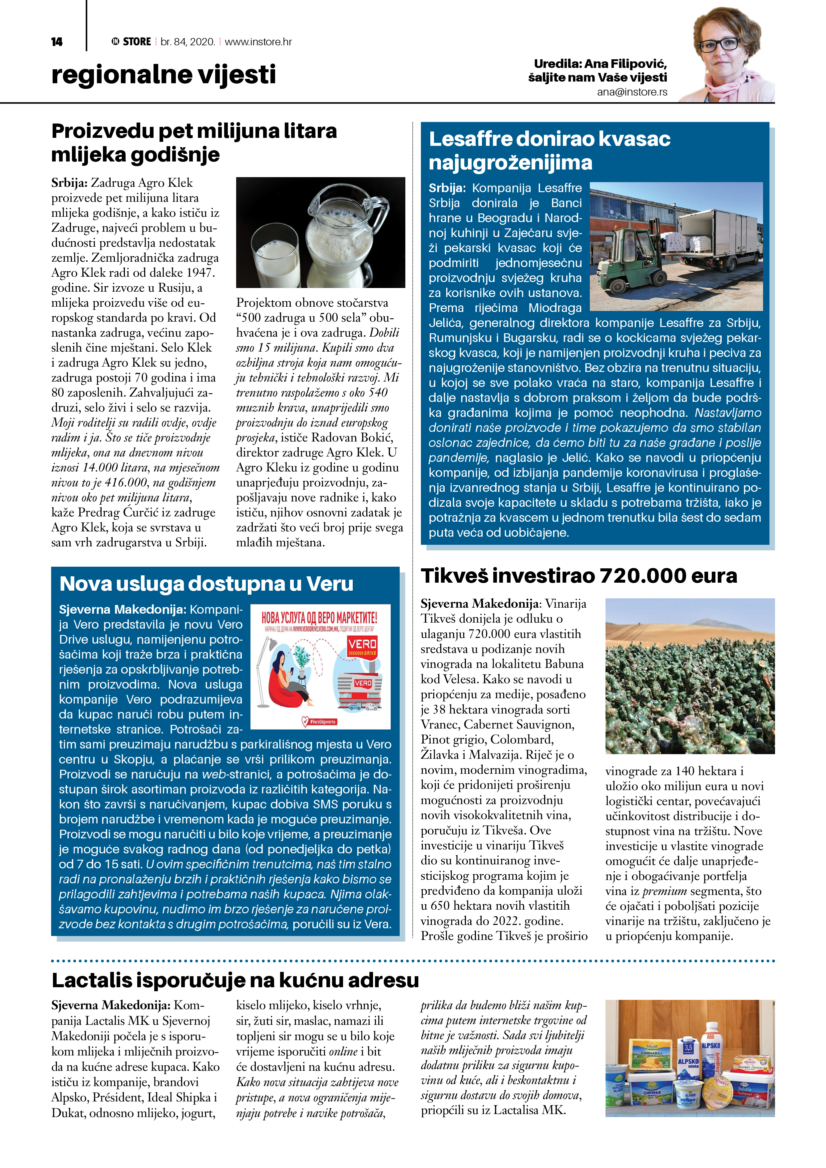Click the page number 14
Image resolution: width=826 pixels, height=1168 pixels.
coord(57,42)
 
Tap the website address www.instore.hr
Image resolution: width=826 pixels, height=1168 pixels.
coord(258,42)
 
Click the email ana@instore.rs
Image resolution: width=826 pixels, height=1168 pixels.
coord(632,92)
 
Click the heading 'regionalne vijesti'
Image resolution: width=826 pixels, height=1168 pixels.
coord(163,75)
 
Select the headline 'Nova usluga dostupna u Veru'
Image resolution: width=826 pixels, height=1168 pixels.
coord(206,583)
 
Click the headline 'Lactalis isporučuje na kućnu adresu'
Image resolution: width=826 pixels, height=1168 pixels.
coord(235,980)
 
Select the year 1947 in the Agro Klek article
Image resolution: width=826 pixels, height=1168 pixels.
coord(199,273)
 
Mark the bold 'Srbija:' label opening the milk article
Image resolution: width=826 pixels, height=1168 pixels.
coord(69,183)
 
